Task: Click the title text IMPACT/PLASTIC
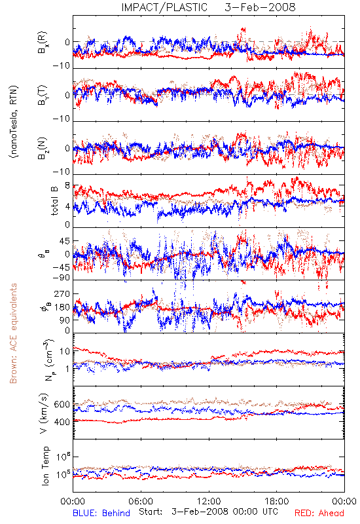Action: (x=164, y=7)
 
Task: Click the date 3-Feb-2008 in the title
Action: (x=260, y=7)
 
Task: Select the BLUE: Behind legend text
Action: (x=101, y=513)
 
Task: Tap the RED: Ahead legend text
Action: (x=319, y=513)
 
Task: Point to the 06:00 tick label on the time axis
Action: (x=141, y=501)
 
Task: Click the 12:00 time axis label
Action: (x=209, y=501)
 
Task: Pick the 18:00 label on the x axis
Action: (x=277, y=501)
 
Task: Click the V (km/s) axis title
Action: (x=44, y=413)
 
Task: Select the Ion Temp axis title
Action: (x=45, y=466)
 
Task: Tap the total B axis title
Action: (x=54, y=200)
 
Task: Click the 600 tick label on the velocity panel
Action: (x=62, y=404)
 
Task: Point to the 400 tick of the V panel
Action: (x=62, y=422)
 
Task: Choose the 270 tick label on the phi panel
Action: (x=62, y=293)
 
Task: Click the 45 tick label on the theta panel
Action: (x=64, y=241)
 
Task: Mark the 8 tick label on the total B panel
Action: (x=67, y=185)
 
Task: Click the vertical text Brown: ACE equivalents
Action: (x=13, y=333)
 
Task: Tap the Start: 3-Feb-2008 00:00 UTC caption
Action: (x=208, y=512)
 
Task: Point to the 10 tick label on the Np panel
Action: (x=64, y=351)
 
